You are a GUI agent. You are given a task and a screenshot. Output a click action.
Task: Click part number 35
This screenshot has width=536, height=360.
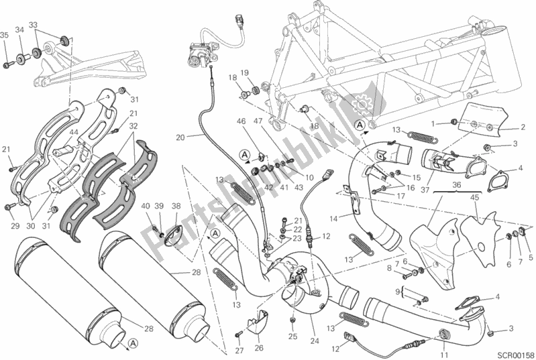[5, 36]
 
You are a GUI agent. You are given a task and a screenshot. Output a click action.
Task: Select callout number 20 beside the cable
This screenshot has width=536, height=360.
[180, 138]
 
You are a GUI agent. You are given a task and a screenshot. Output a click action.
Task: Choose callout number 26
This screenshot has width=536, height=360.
[258, 347]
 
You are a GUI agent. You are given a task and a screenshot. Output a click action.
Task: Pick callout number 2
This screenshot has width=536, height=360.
[521, 128]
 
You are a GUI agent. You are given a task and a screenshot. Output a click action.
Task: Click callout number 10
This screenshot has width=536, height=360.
[310, 177]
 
